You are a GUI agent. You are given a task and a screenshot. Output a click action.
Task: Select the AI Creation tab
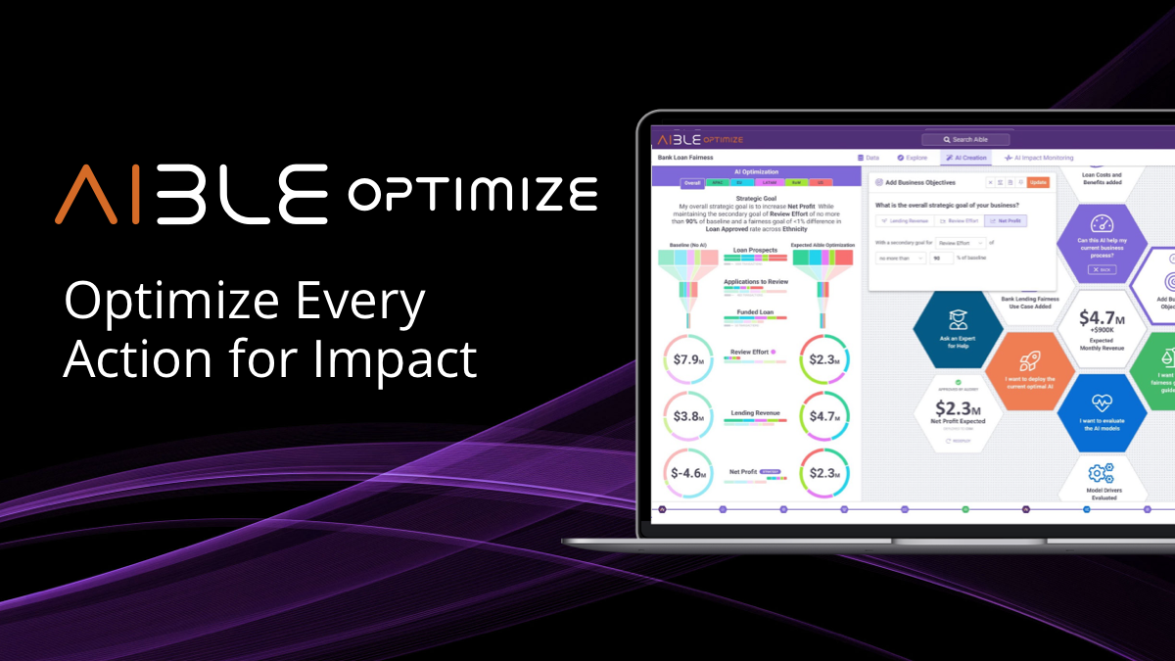pos(965,158)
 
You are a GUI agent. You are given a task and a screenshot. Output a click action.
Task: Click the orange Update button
pos(1038,182)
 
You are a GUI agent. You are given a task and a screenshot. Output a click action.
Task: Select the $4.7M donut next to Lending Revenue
pos(825,416)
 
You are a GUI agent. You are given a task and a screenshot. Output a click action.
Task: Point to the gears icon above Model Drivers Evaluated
pos(1103,469)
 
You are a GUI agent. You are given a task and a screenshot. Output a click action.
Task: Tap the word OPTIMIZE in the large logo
pos(472,193)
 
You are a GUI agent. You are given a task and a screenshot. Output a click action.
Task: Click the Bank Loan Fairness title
pos(685,158)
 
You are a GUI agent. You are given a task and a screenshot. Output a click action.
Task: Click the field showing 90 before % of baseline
pos(942,259)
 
